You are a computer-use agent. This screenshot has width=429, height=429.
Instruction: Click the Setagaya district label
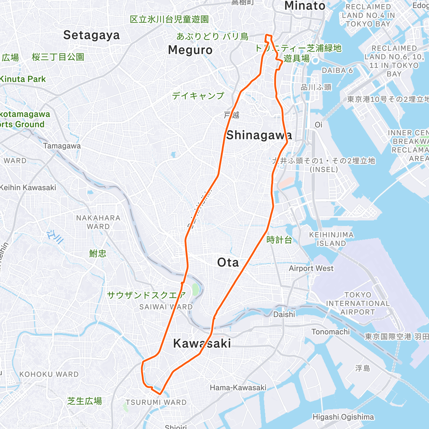[92, 35]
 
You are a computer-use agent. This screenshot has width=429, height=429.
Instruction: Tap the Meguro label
[190, 50]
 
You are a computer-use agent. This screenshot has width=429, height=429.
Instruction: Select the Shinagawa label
[259, 135]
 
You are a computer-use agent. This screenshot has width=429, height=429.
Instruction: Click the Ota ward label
[228, 262]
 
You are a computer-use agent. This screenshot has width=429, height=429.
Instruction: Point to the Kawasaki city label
[202, 344]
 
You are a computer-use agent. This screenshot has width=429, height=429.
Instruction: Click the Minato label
[305, 6]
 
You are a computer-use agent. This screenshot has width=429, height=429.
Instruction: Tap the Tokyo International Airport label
[357, 304]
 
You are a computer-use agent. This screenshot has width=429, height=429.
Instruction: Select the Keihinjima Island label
[331, 239]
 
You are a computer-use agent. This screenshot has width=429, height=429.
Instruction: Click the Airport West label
[311, 268]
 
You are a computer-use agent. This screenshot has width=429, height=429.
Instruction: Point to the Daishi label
[284, 315]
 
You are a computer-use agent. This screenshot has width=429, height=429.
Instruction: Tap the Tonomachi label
[331, 332]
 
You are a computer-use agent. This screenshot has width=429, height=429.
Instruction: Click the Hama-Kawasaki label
[238, 388]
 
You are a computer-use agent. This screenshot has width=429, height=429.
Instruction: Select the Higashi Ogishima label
[343, 417]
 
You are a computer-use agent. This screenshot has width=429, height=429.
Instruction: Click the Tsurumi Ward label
[156, 403]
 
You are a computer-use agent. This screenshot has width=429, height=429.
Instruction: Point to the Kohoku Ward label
[49, 374]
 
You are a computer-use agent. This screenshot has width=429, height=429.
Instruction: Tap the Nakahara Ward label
[98, 222]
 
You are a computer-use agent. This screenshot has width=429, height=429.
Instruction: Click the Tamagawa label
[62, 146]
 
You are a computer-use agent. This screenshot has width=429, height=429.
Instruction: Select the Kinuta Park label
[23, 79]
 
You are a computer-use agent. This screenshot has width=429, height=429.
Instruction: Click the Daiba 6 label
[337, 70]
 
